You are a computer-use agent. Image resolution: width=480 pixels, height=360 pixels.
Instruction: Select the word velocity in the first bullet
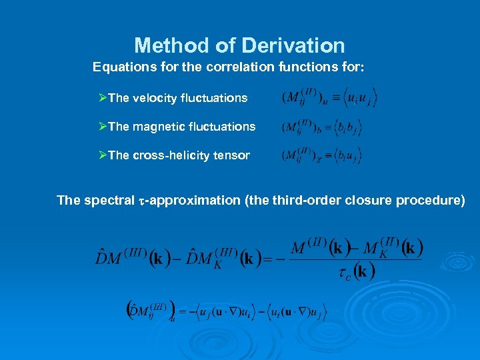coord(157,98)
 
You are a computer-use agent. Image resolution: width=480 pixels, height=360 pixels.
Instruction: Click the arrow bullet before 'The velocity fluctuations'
coord(103,98)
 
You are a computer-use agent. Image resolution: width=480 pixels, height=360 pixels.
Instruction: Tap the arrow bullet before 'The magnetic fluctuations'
coord(103,127)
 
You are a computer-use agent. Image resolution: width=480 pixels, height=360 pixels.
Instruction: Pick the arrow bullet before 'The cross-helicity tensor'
coord(103,155)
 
